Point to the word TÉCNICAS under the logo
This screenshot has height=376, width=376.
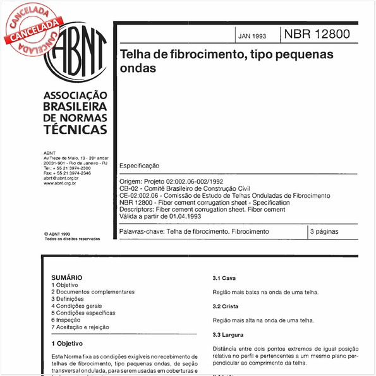pyautogui.click(x=75, y=129)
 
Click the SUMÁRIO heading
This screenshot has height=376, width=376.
pyautogui.click(x=66, y=277)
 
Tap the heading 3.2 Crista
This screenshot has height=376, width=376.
pyautogui.click(x=225, y=306)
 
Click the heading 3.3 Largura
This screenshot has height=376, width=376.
pyautogui.click(x=228, y=334)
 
